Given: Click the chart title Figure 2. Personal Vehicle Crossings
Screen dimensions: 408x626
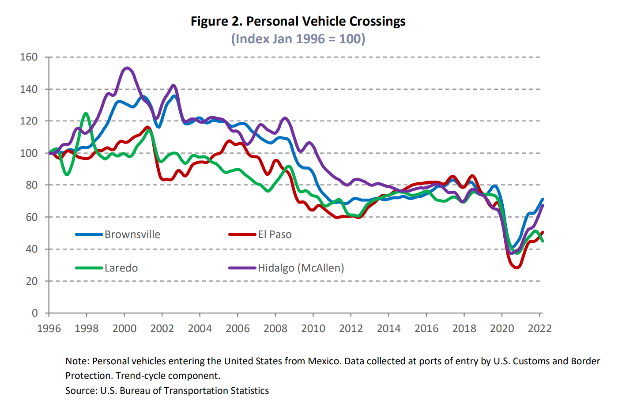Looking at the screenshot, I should coord(298,21).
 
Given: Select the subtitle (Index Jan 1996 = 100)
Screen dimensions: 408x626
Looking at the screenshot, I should coord(298,39).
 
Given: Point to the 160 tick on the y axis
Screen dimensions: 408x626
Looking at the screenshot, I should coord(29,57).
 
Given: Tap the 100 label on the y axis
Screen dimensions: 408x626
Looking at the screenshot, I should coord(29,153).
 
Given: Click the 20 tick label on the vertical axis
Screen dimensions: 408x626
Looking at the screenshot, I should coord(32,281).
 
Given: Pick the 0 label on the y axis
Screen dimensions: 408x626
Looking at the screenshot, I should coord(35,313).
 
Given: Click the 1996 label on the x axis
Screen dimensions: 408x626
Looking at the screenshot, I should coord(49,329).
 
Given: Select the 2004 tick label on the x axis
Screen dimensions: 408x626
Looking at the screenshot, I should coord(200,329).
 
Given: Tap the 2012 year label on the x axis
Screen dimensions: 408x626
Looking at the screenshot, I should coord(351,329).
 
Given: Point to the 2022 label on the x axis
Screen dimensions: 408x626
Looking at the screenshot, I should coord(539,329).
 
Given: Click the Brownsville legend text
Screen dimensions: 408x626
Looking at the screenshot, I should coord(132,234).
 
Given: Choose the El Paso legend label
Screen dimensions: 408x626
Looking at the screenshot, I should coord(275,234).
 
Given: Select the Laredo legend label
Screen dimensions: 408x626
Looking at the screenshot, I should coord(121,268).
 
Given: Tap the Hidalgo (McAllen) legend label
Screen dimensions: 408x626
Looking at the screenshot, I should coord(301,268).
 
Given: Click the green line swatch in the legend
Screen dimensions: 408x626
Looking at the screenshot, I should coord(89,268).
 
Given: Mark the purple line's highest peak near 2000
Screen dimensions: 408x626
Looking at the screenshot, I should coord(127,68).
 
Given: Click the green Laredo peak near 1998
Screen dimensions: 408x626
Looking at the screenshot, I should coord(86,113).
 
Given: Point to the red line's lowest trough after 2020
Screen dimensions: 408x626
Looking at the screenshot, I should coord(517,268).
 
